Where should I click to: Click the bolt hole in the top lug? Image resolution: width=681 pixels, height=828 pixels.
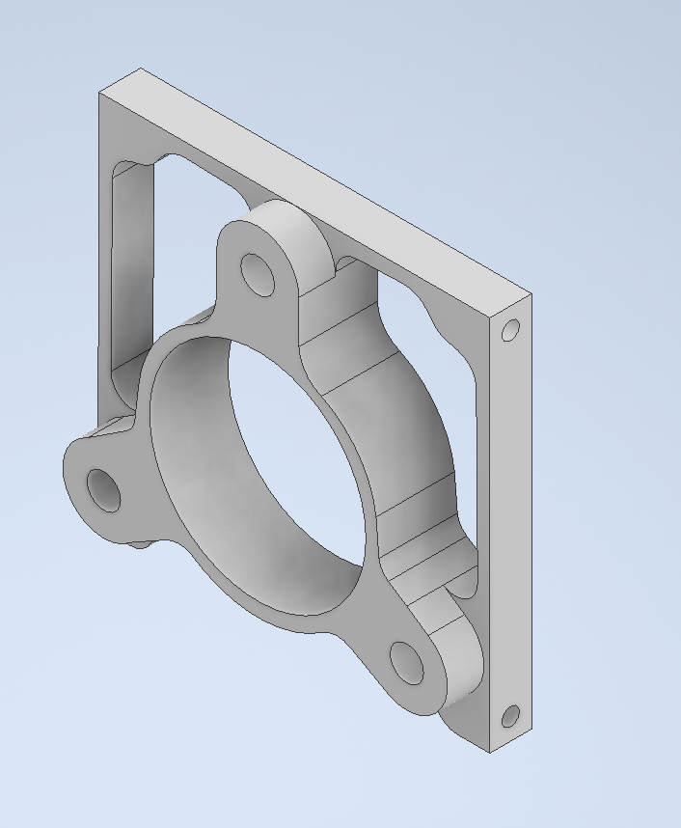click(259, 274)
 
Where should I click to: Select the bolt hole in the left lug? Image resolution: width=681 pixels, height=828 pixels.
click(104, 489)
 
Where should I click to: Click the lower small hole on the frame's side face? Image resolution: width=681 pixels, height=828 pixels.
click(510, 716)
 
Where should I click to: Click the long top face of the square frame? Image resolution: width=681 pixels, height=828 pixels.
click(318, 179)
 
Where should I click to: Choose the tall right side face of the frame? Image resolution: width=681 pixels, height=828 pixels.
click(511, 521)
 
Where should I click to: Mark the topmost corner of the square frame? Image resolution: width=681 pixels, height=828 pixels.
click(141, 69)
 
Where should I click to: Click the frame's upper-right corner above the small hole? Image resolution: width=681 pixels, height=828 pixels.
click(530, 293)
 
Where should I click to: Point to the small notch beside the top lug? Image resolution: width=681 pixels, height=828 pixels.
click(340, 264)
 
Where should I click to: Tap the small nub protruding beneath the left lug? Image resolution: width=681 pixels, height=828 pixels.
click(141, 545)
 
